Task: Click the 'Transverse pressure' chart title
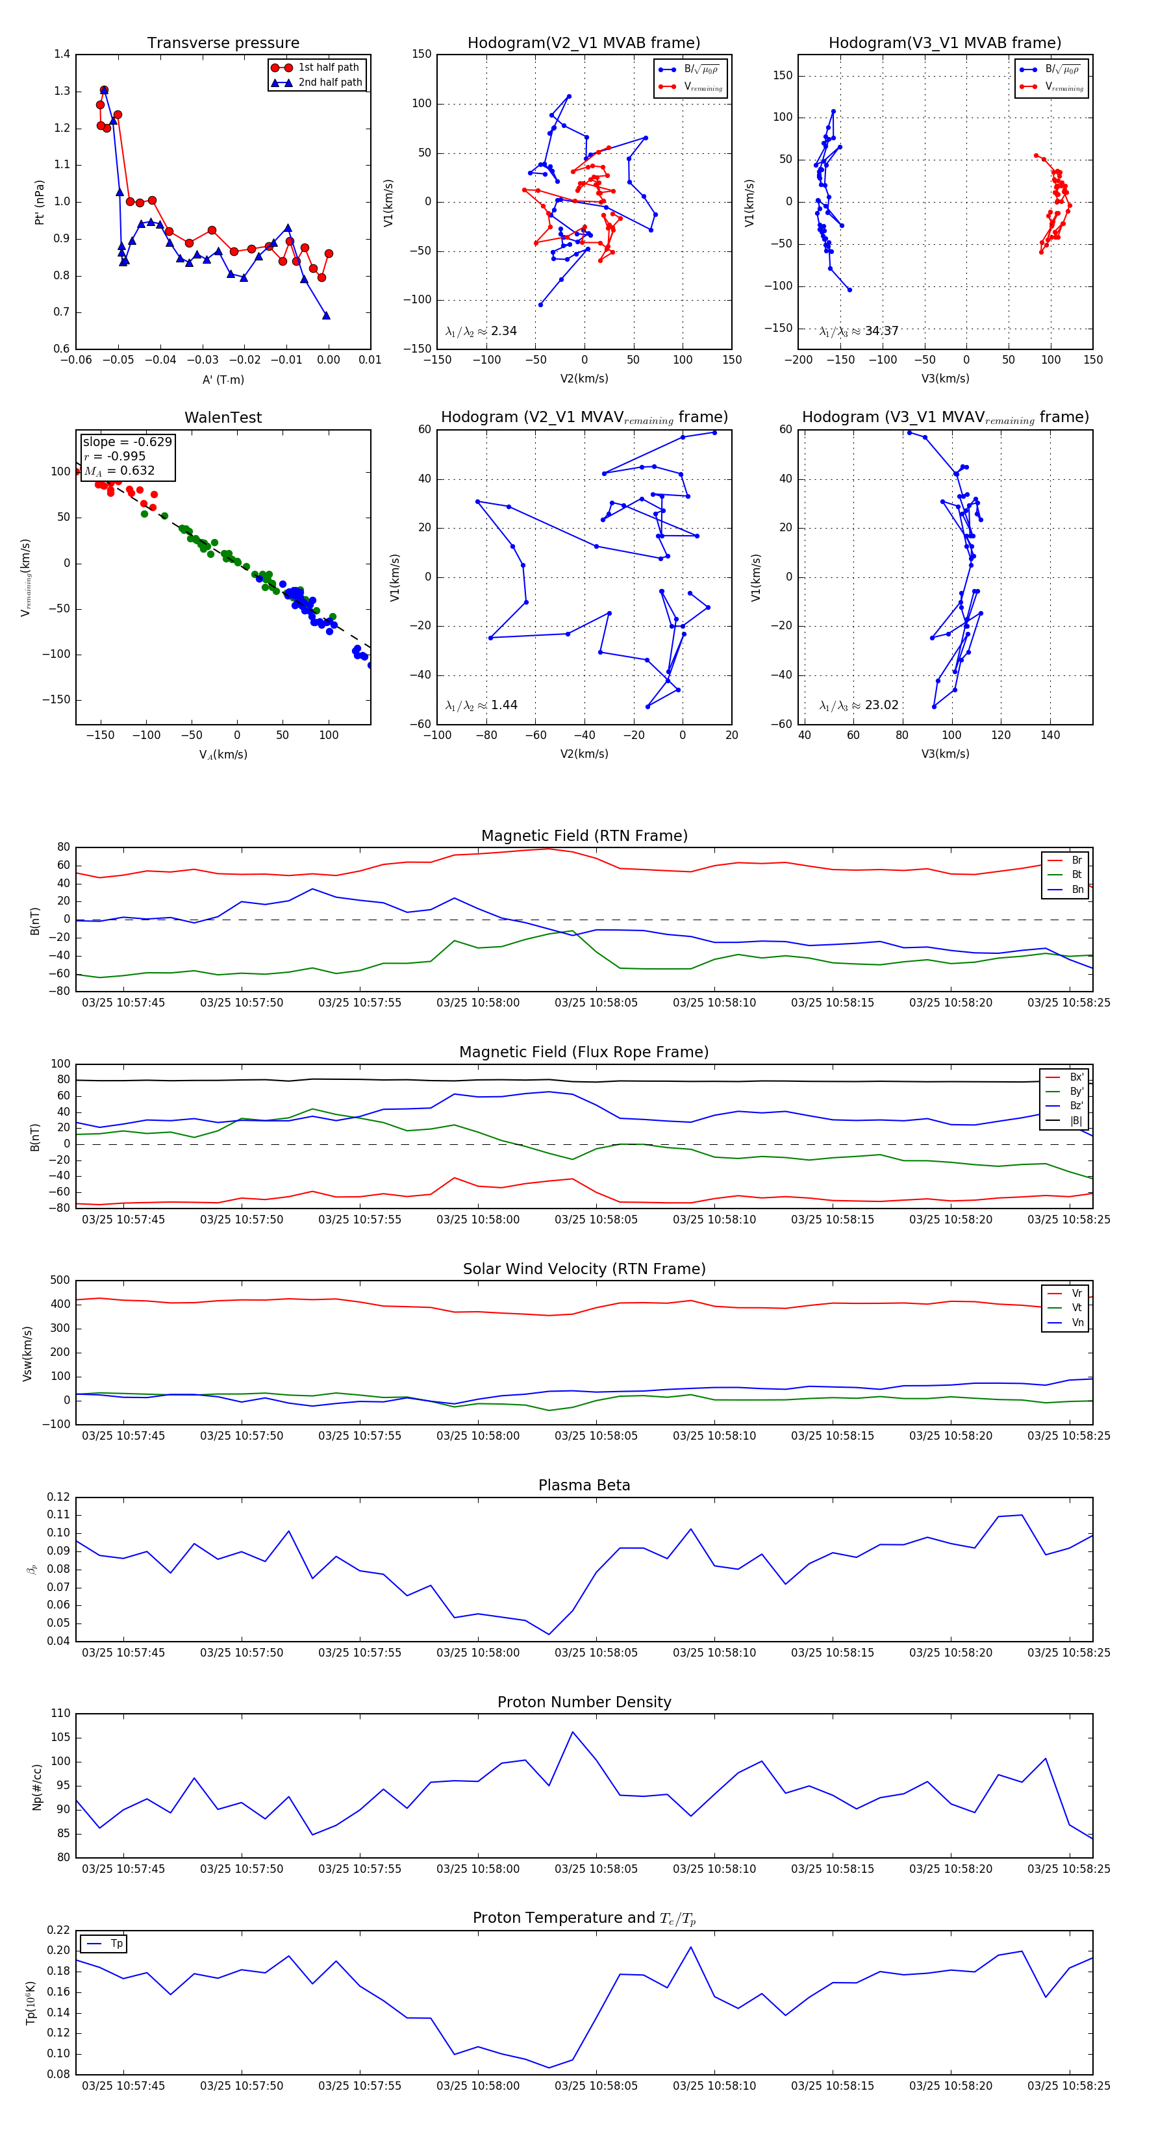point(223,44)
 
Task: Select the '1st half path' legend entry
point(328,68)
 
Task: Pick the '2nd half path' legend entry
point(329,82)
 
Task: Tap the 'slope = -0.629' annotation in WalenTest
point(127,442)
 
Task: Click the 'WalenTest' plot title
point(223,418)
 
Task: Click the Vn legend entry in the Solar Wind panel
point(1077,1323)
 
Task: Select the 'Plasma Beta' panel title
point(584,1485)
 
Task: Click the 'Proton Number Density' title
point(584,1702)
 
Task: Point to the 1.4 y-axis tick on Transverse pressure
point(62,54)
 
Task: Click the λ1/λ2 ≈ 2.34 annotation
point(481,331)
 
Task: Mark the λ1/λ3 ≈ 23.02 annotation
point(859,705)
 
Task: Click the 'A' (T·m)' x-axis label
point(223,379)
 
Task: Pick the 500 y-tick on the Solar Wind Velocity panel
point(60,1281)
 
